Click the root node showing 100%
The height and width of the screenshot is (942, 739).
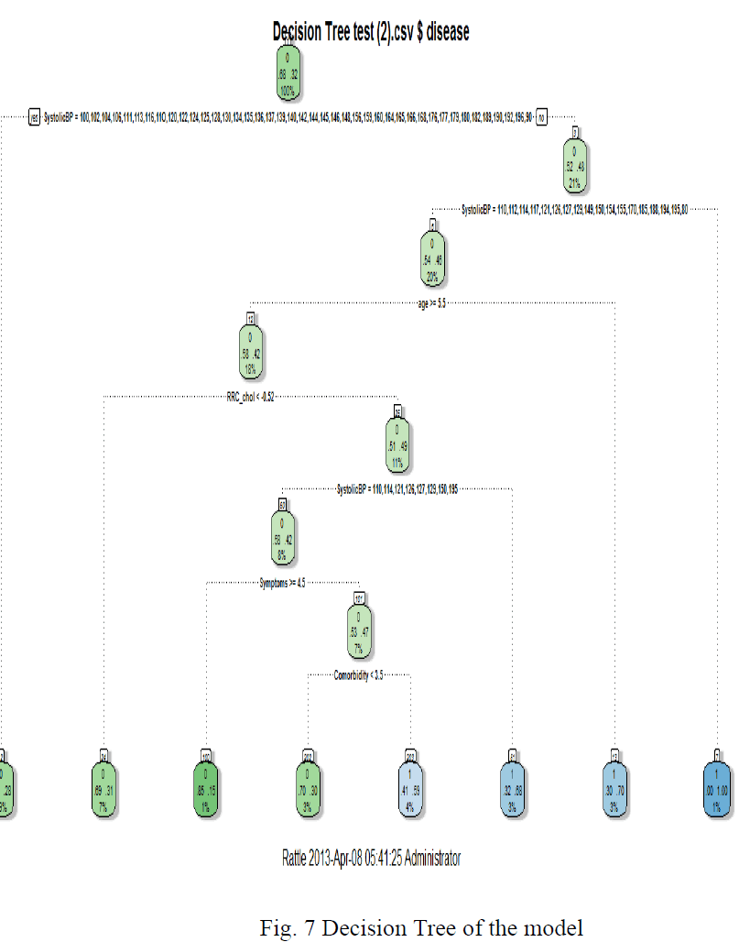pyautogui.click(x=288, y=72)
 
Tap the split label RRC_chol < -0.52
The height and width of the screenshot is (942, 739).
pyautogui.click(x=251, y=397)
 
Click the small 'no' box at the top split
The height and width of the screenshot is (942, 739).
pyautogui.click(x=541, y=116)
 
